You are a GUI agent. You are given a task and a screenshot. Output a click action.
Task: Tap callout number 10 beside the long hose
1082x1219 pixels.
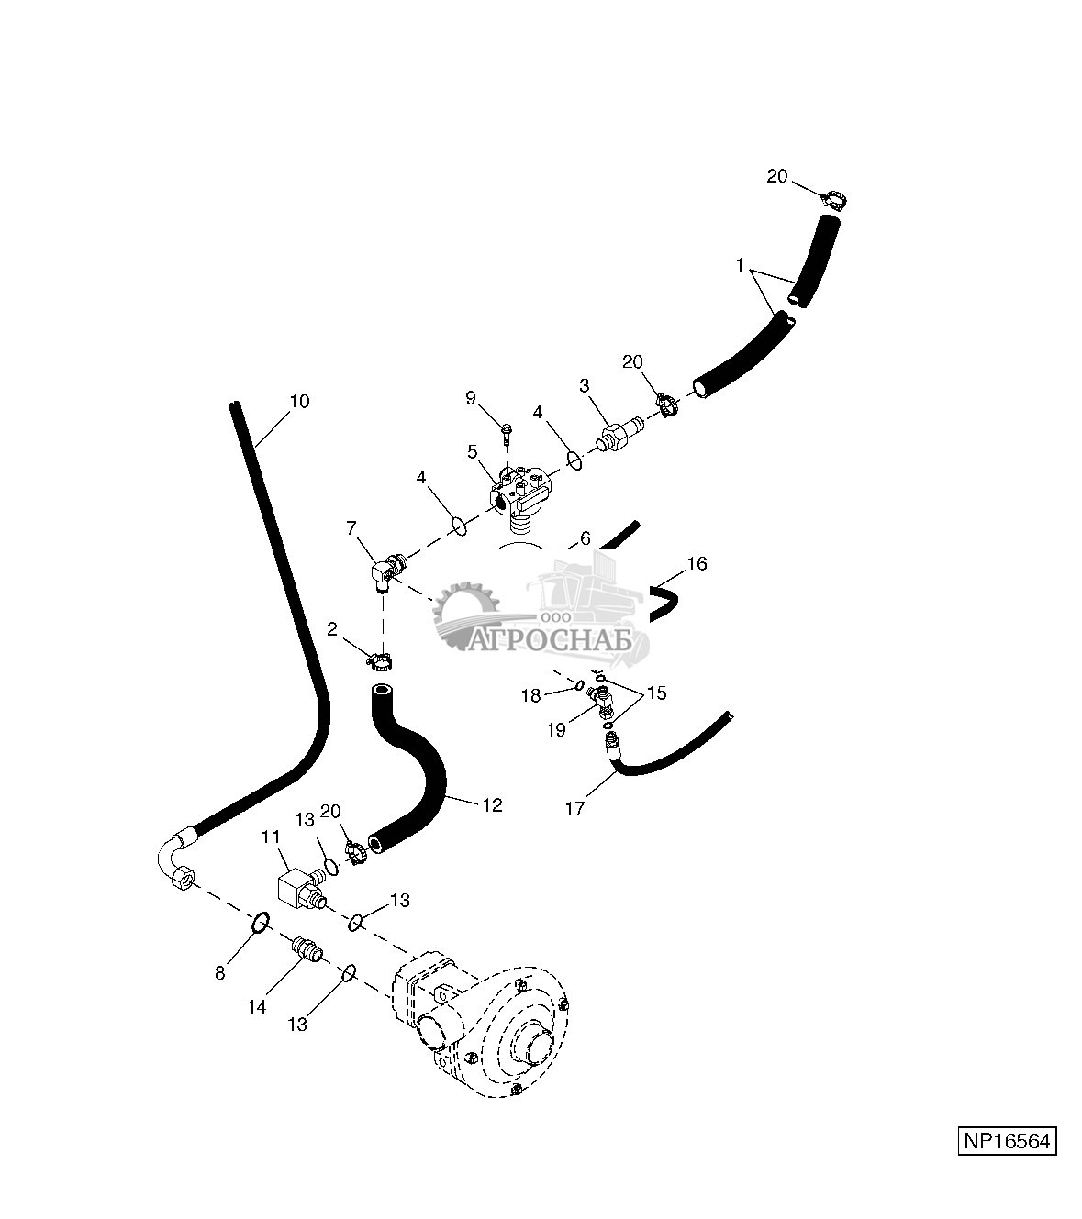pyautogui.click(x=299, y=402)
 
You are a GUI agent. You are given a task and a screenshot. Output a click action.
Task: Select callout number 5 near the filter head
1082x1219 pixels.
pyautogui.click(x=472, y=451)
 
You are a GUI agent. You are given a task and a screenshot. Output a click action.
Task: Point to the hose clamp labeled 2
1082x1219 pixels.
pyautogui.click(x=379, y=661)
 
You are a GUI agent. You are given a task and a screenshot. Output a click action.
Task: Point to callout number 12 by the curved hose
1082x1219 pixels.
pyautogui.click(x=492, y=805)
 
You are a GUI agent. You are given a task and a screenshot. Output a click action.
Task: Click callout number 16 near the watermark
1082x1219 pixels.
pyautogui.click(x=697, y=564)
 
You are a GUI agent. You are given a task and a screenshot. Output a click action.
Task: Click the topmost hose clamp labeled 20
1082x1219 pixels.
pyautogui.click(x=835, y=199)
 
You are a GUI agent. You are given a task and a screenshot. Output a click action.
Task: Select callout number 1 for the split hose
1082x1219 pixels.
pyautogui.click(x=740, y=265)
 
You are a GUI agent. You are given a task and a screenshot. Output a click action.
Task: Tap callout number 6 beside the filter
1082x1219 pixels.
pyautogui.click(x=586, y=538)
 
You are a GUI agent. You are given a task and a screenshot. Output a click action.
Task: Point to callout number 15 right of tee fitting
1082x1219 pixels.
pyautogui.click(x=656, y=693)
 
